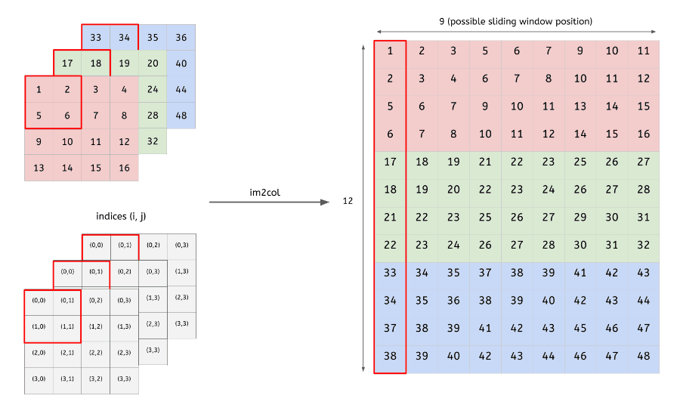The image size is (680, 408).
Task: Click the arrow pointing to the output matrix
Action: (270, 202)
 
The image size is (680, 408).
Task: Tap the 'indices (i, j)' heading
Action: (120, 217)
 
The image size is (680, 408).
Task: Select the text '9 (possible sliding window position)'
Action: (516, 21)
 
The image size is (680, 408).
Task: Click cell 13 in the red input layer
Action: (39, 168)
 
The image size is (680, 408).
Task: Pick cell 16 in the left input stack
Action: (124, 168)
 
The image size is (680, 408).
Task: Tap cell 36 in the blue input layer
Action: (181, 37)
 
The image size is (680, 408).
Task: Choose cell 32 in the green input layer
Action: (153, 141)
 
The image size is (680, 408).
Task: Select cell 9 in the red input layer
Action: (39, 141)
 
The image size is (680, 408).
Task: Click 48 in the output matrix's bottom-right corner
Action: (644, 355)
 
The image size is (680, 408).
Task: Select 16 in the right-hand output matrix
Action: (644, 134)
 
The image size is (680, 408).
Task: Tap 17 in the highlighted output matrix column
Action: (390, 162)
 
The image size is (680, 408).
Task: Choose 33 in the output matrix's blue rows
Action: (390, 272)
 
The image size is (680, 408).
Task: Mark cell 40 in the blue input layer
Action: (181, 63)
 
